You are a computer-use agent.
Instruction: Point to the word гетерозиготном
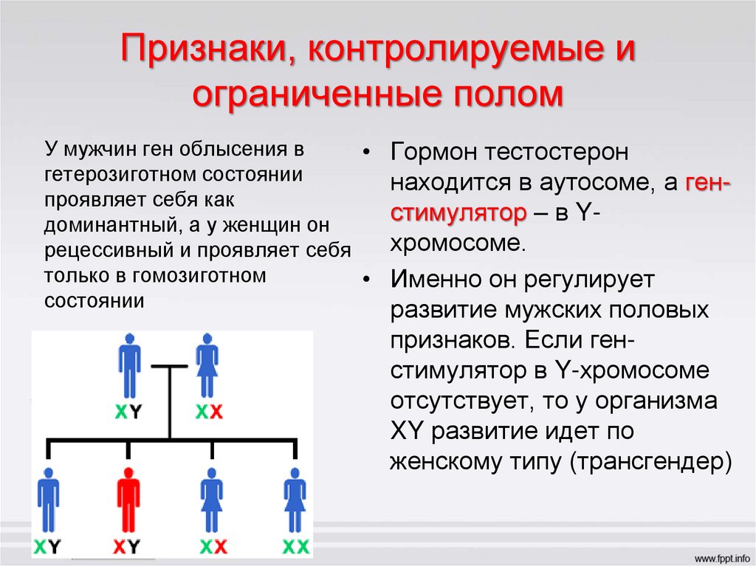pyautogui.click(x=115, y=176)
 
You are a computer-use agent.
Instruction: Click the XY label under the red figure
pyautogui.click(x=127, y=547)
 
